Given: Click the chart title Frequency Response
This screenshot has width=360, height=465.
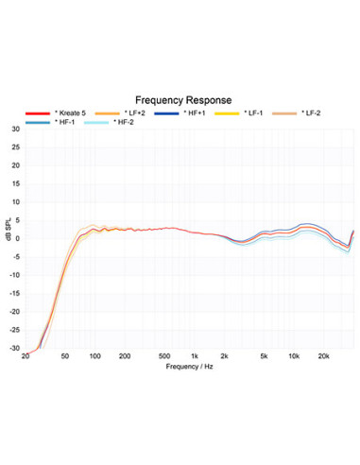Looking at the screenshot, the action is point(183,100).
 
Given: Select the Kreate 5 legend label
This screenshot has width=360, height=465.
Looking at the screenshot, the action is point(70,113).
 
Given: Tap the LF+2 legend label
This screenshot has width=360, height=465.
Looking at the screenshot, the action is point(135,113).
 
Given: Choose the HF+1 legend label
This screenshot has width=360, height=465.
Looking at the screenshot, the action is point(195,113).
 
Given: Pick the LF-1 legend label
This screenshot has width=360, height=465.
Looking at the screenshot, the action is point(253,113).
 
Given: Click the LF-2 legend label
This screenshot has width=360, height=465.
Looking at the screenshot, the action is point(311,113).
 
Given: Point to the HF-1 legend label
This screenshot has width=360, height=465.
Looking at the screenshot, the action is point(65,122).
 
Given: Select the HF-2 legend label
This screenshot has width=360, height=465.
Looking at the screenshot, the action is point(124,122).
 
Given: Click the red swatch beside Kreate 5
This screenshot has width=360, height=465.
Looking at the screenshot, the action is point(38,113).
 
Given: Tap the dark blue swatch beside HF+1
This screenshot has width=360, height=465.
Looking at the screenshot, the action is point(166,113).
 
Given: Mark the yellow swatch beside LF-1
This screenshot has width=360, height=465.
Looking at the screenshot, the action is point(227,113).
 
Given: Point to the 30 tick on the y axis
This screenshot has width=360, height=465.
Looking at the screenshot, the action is point(16,129).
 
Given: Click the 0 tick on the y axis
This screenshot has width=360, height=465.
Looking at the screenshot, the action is point(18,239).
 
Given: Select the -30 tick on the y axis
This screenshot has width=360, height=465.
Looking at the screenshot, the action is point(14,349).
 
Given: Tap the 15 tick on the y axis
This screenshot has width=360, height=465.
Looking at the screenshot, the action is point(16,183).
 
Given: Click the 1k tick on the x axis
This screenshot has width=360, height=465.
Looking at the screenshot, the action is point(195,356).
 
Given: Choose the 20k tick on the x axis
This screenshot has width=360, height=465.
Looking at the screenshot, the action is point(323,356).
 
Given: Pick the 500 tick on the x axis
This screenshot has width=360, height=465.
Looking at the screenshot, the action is point(164,356).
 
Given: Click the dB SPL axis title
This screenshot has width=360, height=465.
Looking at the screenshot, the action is point(9,230).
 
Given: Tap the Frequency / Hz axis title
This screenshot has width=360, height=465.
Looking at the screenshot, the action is point(189,367).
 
